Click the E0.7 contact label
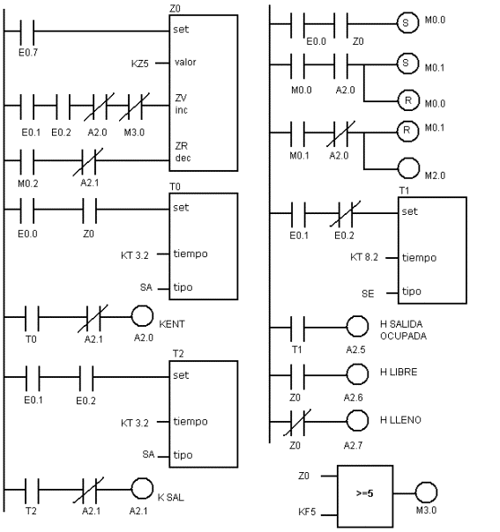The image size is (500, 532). (x=28, y=52)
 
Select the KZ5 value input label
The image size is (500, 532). (x=140, y=63)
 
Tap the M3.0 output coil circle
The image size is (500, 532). (x=426, y=492)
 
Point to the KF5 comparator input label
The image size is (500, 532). (x=307, y=512)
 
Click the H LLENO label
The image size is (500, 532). (x=400, y=420)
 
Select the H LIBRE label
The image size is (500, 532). (x=399, y=372)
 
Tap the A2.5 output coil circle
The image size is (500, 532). (x=357, y=326)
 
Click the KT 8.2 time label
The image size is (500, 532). (x=364, y=257)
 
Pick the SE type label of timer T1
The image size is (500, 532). (x=368, y=293)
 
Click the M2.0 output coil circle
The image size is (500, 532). (x=408, y=168)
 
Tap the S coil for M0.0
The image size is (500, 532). (x=407, y=22)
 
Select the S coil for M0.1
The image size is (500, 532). (x=407, y=63)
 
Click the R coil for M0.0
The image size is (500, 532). (x=408, y=100)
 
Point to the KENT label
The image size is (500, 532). (x=172, y=324)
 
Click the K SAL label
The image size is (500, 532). (x=171, y=498)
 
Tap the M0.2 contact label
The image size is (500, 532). (x=28, y=183)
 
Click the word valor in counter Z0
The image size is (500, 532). (x=185, y=62)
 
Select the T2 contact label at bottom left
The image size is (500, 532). (x=31, y=511)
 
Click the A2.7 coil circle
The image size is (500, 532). (x=357, y=420)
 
